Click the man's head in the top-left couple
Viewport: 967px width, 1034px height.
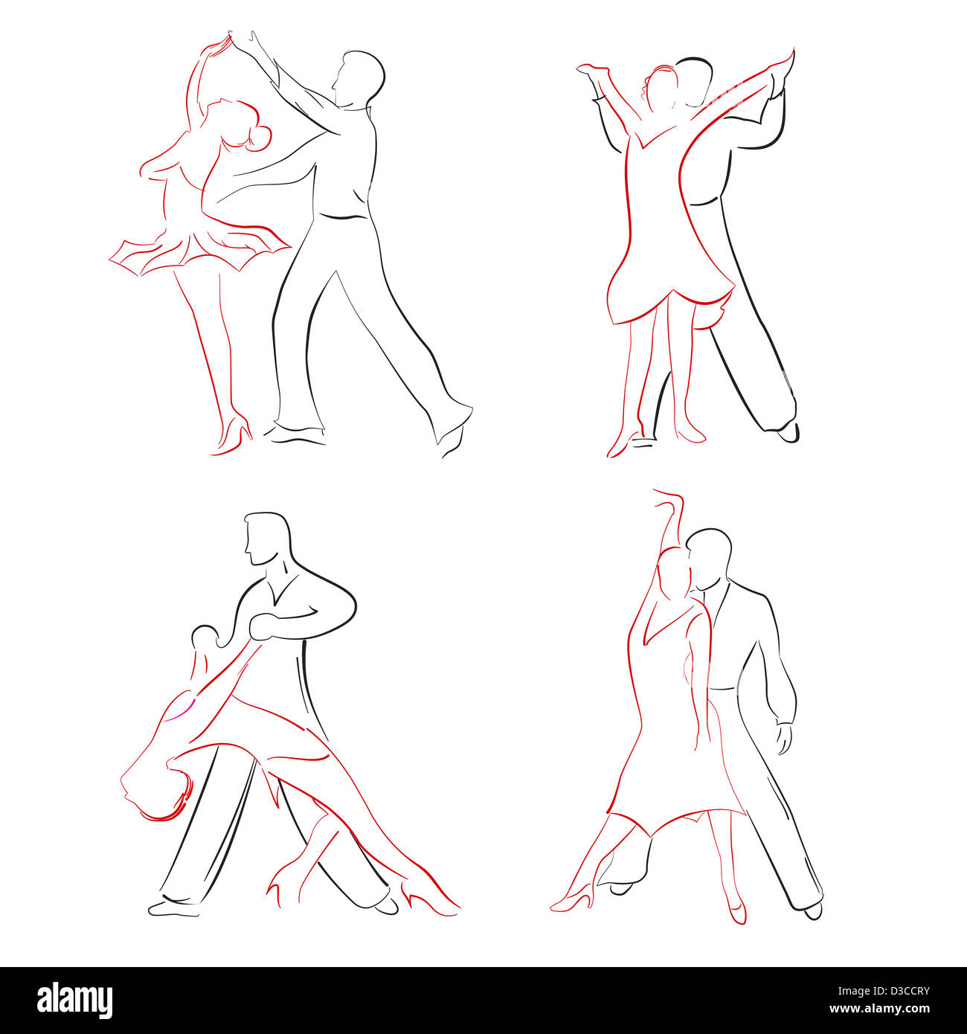[359, 77]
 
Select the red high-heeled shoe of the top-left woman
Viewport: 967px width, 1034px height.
[234, 435]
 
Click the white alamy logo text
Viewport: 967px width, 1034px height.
[74, 1001]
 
